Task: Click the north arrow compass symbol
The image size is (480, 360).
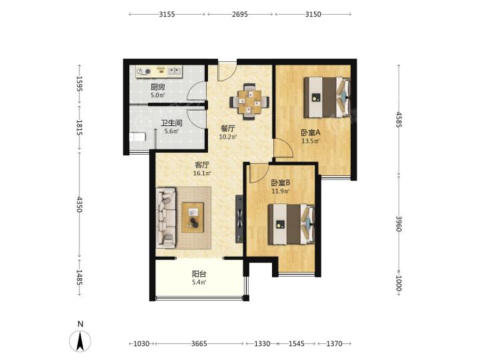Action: (x=80, y=341)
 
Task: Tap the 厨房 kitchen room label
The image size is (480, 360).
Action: (x=157, y=87)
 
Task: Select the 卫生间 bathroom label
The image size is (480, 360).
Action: (x=172, y=123)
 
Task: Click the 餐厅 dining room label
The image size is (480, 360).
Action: (x=228, y=129)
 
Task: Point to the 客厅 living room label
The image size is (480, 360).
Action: (x=202, y=165)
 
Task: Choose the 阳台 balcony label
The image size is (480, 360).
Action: (x=199, y=274)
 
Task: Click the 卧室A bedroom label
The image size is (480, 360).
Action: (x=311, y=133)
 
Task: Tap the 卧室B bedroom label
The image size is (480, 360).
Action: (x=281, y=183)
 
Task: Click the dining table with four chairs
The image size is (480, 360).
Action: (x=250, y=101)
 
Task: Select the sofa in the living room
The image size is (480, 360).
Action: (x=166, y=217)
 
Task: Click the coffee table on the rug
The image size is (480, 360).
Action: (x=193, y=217)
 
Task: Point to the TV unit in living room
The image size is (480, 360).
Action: (x=239, y=219)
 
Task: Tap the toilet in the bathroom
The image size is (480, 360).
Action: (x=137, y=137)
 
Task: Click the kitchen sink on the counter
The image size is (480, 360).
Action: (x=175, y=71)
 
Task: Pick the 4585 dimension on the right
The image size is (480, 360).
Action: (x=399, y=119)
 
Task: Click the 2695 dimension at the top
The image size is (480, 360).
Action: (x=240, y=14)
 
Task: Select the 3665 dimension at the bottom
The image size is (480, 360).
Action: (x=199, y=344)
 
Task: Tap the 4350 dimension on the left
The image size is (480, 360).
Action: (x=79, y=205)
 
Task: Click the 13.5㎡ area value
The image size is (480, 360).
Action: (x=311, y=141)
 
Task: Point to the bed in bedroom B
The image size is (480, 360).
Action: (x=292, y=224)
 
